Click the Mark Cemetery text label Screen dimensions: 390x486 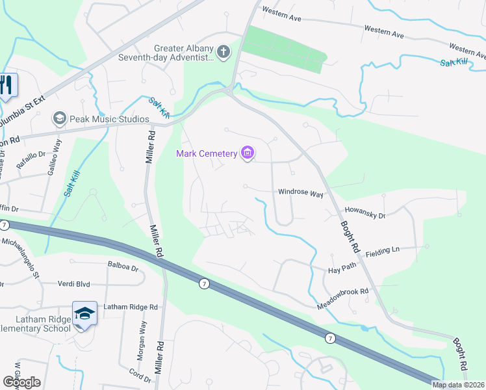[207, 153]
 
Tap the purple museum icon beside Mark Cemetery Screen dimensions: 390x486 [247, 153]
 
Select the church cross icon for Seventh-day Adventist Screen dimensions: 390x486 [224, 52]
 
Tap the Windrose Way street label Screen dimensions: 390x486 [301, 193]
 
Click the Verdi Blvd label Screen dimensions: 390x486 [91, 284]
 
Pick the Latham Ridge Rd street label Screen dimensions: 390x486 [130, 307]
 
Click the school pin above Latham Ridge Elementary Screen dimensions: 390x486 [84, 313]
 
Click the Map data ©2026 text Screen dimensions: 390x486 [457, 385]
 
